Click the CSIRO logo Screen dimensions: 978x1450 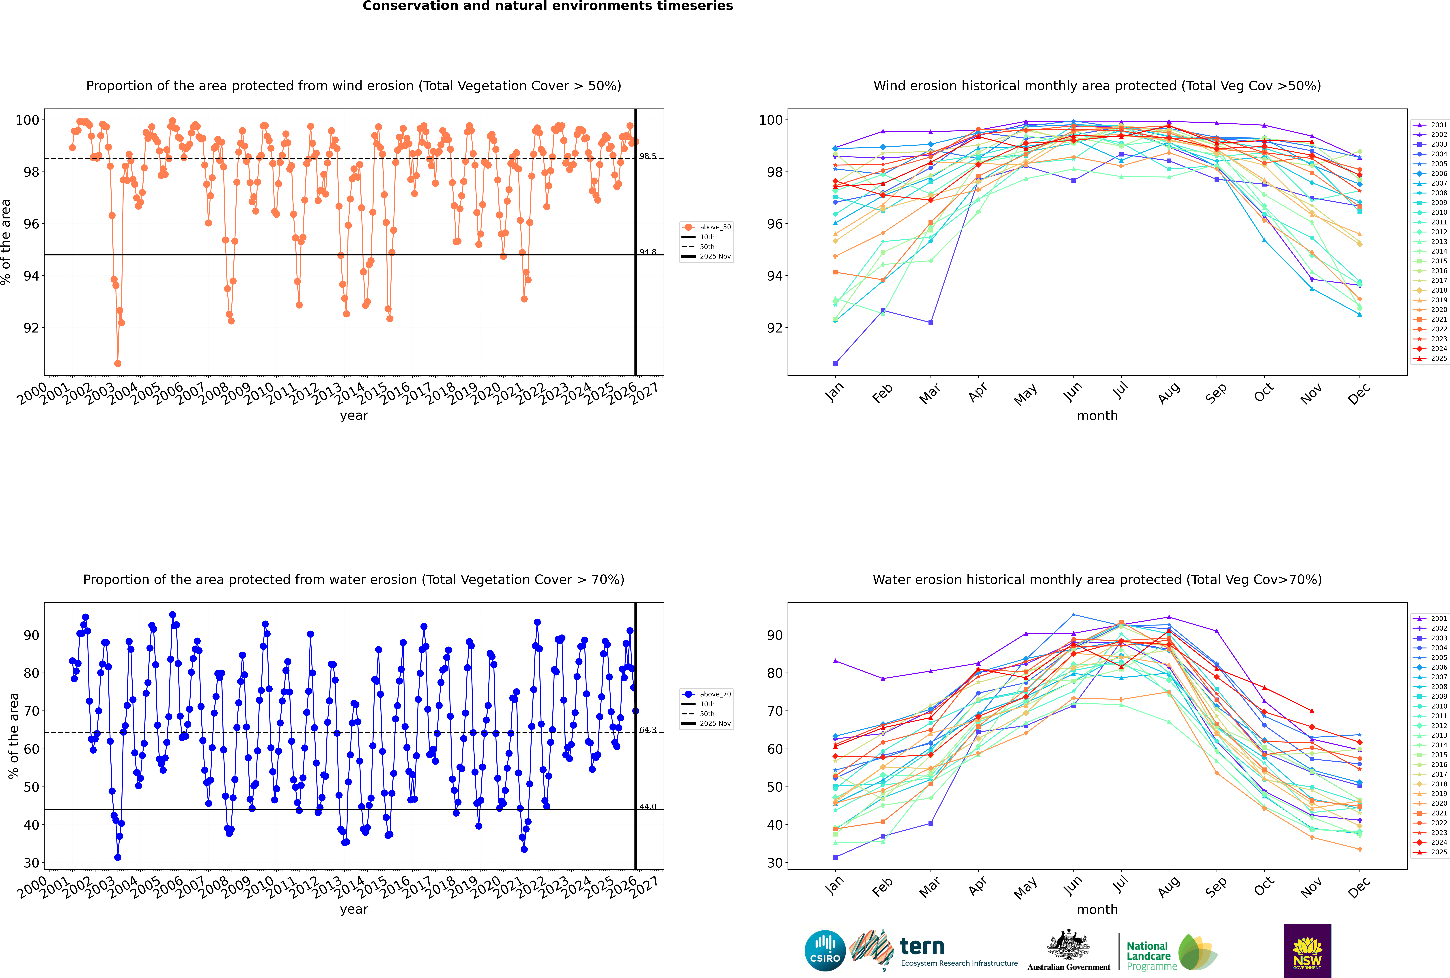(825, 951)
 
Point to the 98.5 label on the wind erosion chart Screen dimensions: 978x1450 (648, 156)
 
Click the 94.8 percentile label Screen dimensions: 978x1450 (648, 252)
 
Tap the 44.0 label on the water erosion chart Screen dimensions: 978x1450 (648, 806)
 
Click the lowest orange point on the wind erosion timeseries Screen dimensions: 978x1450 (118, 363)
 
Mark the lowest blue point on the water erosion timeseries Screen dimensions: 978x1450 (118, 857)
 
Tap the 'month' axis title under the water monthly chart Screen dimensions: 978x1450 (1097, 909)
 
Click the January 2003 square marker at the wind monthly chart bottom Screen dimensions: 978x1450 (835, 363)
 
